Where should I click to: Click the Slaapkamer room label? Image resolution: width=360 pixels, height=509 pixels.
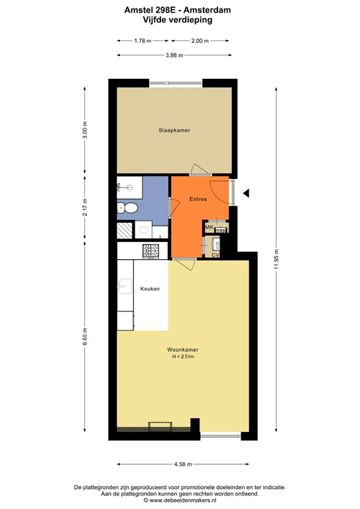coord(174,131)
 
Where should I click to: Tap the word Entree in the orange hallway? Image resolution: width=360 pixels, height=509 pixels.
coord(198,199)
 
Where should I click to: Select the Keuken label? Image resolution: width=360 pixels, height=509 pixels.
coord(150,289)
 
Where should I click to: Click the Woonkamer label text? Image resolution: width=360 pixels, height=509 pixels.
coord(182,349)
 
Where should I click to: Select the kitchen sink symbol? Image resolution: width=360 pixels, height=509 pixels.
coord(124,288)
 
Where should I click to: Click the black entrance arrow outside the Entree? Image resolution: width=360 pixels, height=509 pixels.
coord(246,193)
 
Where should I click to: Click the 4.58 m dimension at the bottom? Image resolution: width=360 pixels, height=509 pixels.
coord(183,464)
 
